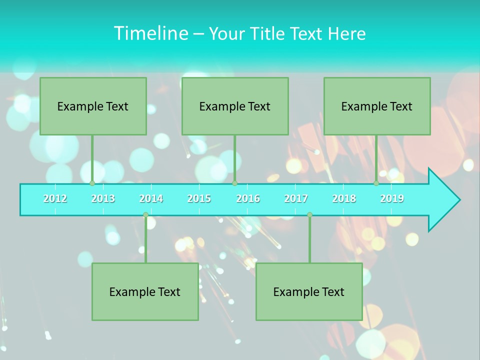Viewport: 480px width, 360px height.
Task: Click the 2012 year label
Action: point(55,198)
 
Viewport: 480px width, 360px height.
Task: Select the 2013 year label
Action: point(103,198)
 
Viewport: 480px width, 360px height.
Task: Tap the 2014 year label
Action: point(151,198)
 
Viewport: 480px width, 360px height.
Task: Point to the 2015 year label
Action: point(199,198)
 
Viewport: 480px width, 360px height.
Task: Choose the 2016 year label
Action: point(248,198)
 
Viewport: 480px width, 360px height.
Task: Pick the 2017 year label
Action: point(296,198)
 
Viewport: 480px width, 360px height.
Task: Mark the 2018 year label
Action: point(344,198)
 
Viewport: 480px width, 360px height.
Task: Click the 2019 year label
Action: point(392,198)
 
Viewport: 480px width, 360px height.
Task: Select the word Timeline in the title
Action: point(150,33)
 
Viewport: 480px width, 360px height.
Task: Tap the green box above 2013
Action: point(93,106)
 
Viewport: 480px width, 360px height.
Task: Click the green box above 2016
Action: point(235,106)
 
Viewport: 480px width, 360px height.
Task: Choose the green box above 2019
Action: point(377,106)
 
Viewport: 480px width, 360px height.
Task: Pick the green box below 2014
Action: point(145,291)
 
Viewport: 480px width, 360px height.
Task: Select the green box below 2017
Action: point(309,291)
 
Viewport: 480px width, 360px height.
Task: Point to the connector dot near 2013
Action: point(92,183)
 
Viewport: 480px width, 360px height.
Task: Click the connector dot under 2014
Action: point(145,215)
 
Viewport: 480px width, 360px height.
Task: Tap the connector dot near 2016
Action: point(234,183)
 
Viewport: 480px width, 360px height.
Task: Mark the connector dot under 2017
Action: point(309,215)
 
